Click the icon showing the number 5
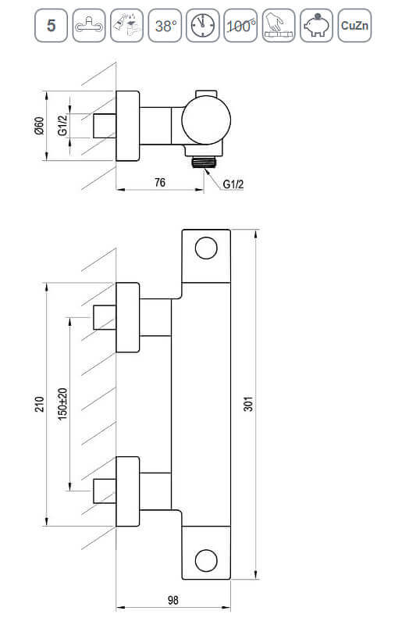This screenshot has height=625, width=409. point(51,26)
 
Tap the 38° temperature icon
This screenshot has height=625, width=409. point(165,26)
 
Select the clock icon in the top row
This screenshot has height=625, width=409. point(202,26)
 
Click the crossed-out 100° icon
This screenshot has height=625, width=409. point(240,26)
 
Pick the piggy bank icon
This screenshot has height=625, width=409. point(316,26)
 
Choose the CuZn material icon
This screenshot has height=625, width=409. point(354,26)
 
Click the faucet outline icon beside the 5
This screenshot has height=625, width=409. point(89,26)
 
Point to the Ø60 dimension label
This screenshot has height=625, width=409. point(39,126)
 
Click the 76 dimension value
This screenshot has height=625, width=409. point(160,183)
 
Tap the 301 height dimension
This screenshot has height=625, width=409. point(248,404)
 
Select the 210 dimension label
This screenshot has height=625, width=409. point(40,404)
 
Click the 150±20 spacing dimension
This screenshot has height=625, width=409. point(63,404)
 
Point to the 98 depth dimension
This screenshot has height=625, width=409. point(172,600)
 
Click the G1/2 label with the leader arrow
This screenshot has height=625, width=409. point(233,184)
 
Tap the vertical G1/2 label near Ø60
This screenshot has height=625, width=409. point(62,126)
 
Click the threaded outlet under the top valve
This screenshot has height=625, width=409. point(204,162)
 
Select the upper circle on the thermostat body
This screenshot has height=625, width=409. point(206,248)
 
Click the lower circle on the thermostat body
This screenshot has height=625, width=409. point(206,560)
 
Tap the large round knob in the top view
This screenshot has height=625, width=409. point(206,120)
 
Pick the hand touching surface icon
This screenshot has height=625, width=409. point(279,26)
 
